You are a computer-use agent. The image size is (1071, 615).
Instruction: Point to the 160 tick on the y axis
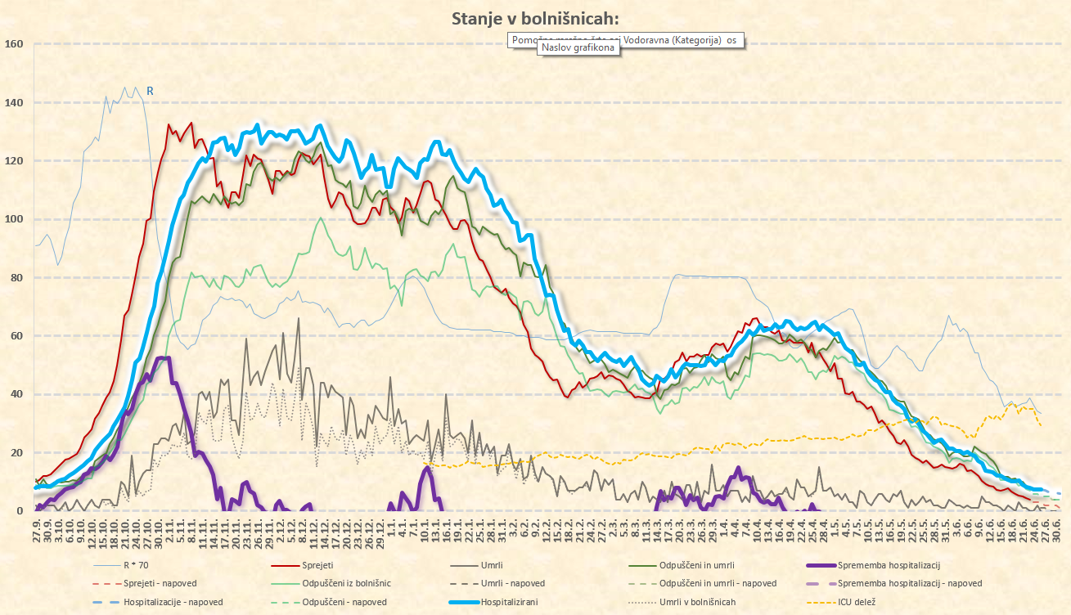(x=15, y=44)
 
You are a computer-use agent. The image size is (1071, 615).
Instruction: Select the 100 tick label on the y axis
(x=15, y=219)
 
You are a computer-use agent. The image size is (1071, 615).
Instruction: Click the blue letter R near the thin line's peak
(x=150, y=91)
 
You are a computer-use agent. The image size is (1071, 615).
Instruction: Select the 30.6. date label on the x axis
(x=1057, y=527)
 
